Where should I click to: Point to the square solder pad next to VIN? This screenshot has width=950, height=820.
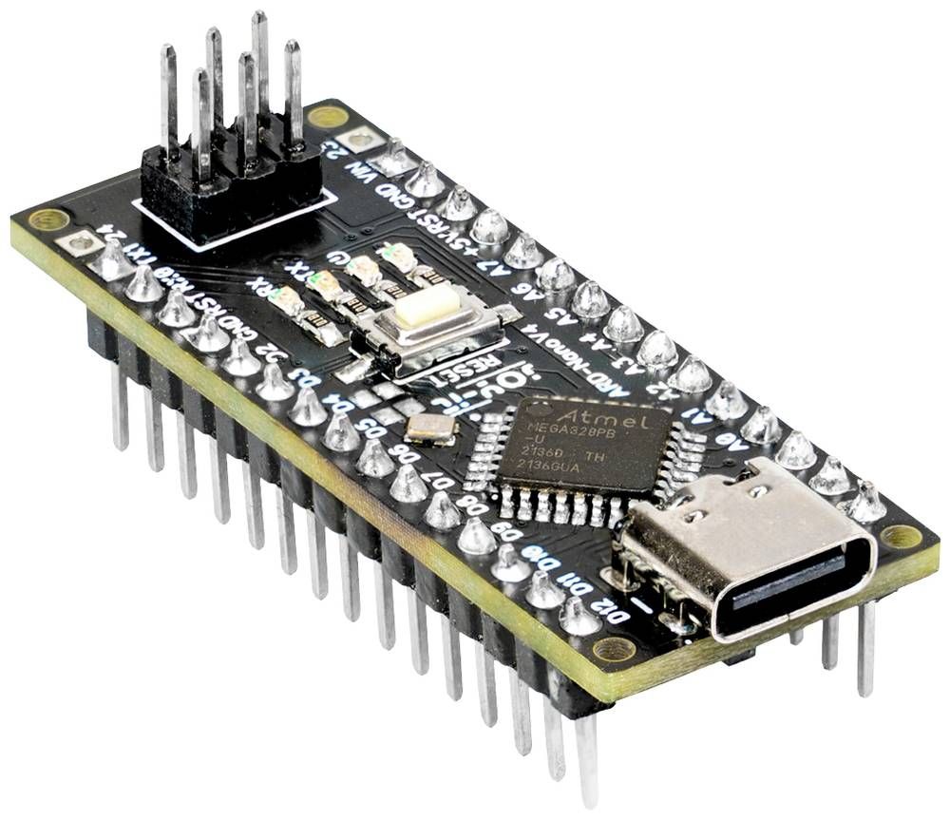(x=360, y=141)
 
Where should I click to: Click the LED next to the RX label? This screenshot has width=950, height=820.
(x=286, y=303)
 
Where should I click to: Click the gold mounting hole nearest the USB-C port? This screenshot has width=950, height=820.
(x=900, y=536)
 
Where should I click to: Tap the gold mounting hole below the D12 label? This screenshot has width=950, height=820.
(x=613, y=649)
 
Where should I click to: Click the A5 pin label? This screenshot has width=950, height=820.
(x=560, y=315)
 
